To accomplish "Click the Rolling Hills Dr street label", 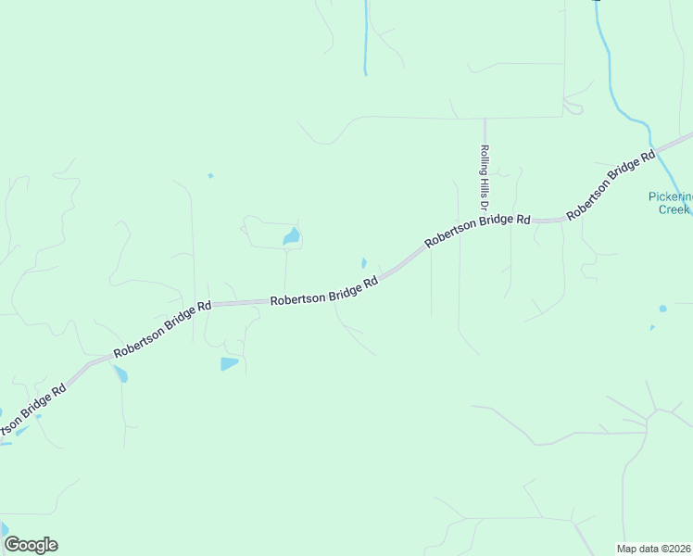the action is click(485, 175).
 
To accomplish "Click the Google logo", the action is click(31, 545).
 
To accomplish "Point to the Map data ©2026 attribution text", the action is click(654, 549).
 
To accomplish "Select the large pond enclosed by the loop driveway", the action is click(292, 237).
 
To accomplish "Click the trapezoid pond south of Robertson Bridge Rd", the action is click(229, 363).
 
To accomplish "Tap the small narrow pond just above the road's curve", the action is click(364, 262).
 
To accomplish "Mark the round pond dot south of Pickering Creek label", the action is click(662, 309).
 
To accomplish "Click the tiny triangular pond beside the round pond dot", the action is click(652, 327).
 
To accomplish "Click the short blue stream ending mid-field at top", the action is click(367, 37).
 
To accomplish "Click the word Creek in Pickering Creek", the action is click(674, 209).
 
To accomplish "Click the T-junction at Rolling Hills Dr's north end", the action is click(485, 118).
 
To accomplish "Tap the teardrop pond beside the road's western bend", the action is click(120, 375).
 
